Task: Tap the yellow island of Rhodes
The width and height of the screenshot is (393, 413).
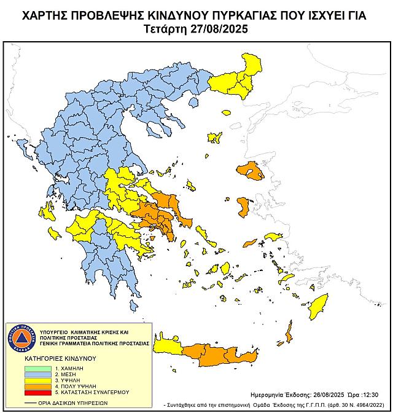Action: point(318,305)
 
